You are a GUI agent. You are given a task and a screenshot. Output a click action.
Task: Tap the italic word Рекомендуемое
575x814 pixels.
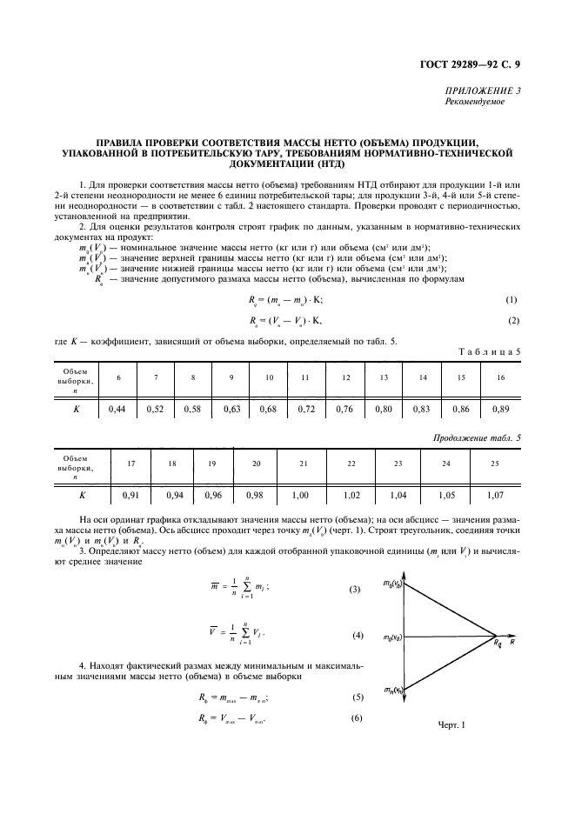point(478,101)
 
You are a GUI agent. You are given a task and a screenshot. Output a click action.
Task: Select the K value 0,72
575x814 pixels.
point(305,407)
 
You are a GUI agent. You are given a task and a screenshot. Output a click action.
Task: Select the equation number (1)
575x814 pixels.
point(511,300)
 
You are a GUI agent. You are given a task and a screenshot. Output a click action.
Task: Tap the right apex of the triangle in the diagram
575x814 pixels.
point(497,637)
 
